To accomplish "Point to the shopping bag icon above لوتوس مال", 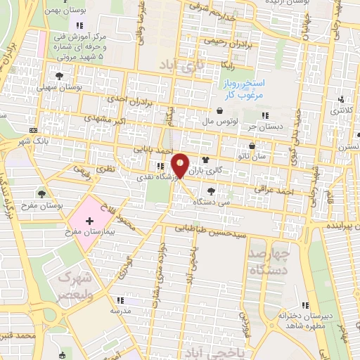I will [221, 110].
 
